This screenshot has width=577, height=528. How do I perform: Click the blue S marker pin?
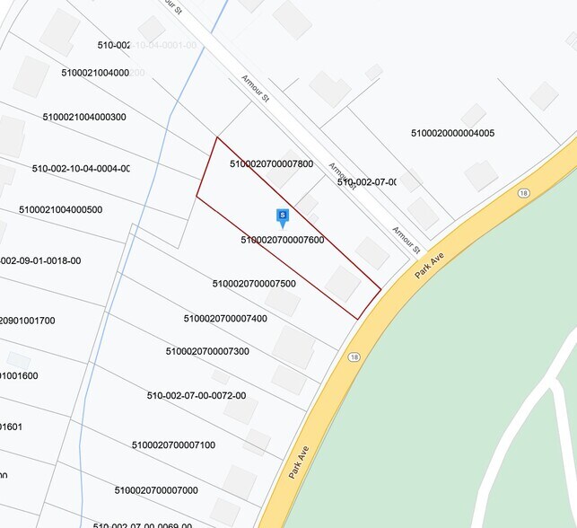[283, 216]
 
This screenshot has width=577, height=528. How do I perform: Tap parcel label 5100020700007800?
[271, 164]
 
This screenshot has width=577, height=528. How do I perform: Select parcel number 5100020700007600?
[283, 241]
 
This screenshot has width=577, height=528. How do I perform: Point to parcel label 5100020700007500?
[254, 284]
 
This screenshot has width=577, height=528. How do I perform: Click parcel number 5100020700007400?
[225, 318]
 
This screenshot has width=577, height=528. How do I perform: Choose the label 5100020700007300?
[207, 351]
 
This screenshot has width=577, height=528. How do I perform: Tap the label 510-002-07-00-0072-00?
[196, 395]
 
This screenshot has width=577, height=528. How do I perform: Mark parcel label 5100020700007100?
[173, 445]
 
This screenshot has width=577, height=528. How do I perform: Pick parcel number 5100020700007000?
[156, 490]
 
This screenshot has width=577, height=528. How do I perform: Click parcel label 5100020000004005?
[452, 134]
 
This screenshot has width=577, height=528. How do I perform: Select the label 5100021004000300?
[84, 117]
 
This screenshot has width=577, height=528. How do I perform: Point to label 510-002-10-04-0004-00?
[81, 169]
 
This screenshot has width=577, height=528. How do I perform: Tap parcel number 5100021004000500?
[61, 210]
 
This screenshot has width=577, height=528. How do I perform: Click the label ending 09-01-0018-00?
[40, 261]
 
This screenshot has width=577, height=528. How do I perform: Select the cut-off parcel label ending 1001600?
[19, 376]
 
